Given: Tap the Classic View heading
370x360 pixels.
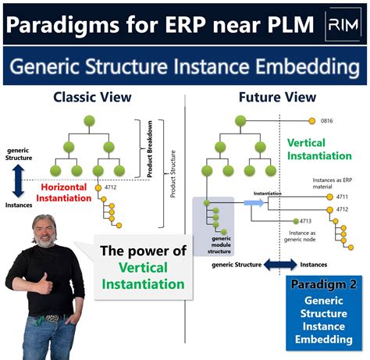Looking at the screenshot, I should click(x=92, y=97).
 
